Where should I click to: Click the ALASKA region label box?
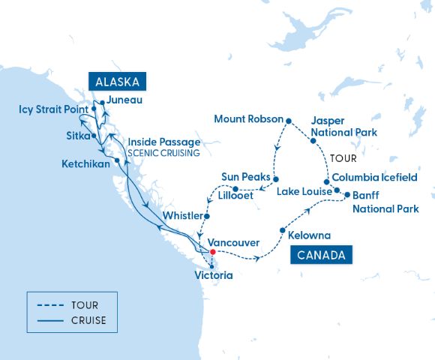118,82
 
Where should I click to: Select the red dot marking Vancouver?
213,252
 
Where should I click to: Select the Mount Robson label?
248,119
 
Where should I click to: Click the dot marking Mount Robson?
288,119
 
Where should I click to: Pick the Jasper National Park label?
337,126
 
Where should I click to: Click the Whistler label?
181,216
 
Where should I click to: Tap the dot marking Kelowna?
282,230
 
